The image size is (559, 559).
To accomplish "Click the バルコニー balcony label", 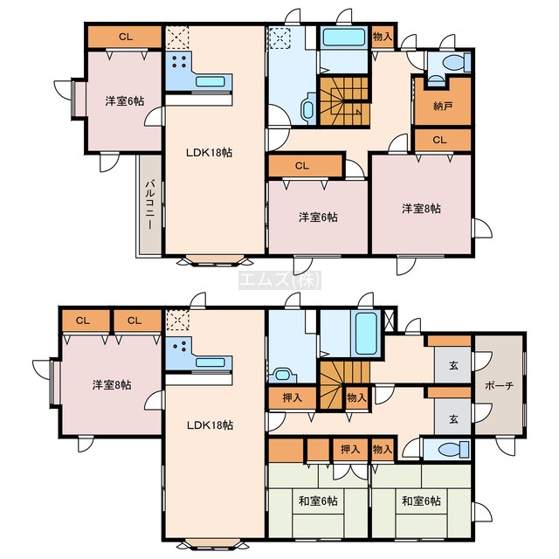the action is pos(149,204).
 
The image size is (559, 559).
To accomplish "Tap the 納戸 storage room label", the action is pos(443,106).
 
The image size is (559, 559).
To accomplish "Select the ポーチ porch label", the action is pos(499,385).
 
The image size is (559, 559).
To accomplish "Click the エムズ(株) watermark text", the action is pos(279,279).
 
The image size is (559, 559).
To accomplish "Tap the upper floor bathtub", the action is pos(344,38).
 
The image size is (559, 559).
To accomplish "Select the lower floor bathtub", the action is pos(365,333).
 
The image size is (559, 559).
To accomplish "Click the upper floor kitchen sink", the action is pos(210,81).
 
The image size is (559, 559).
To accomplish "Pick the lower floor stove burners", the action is pos(179,345).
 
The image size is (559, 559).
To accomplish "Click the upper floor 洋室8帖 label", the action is pos(421,209).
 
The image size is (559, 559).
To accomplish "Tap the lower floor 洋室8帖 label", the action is pos(112,385).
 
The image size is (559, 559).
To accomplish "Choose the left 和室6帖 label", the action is pos(318,500).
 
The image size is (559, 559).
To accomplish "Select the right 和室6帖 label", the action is pos(421,500).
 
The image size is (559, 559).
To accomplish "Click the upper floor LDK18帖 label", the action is pos(210,153).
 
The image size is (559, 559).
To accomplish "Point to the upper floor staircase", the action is pos(344,101).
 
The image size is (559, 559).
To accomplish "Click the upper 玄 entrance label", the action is pos(453,365).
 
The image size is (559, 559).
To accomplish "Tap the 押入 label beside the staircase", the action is pos(293,397).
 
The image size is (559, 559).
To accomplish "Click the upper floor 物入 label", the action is pos(383,36).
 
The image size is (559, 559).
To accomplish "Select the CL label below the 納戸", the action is pos(439,140).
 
